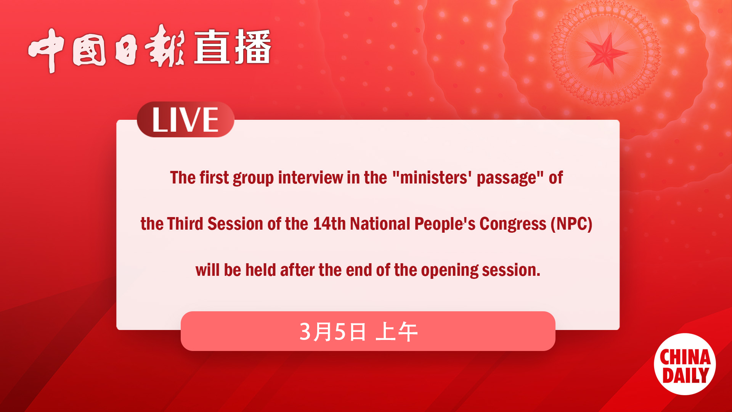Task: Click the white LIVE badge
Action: tap(185, 120)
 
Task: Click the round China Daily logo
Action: tap(685, 364)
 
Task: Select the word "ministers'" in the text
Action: tap(434, 178)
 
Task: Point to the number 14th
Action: tap(329, 224)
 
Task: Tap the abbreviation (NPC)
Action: tap(571, 224)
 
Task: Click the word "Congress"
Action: tap(512, 224)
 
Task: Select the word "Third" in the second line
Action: tap(185, 224)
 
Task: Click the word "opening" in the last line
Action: tap(449, 270)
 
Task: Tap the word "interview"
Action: tap(310, 178)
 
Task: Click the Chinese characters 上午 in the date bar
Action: tap(396, 332)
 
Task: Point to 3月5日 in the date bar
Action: tap(332, 332)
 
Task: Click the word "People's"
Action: tap(445, 224)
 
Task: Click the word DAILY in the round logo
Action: tap(685, 375)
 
